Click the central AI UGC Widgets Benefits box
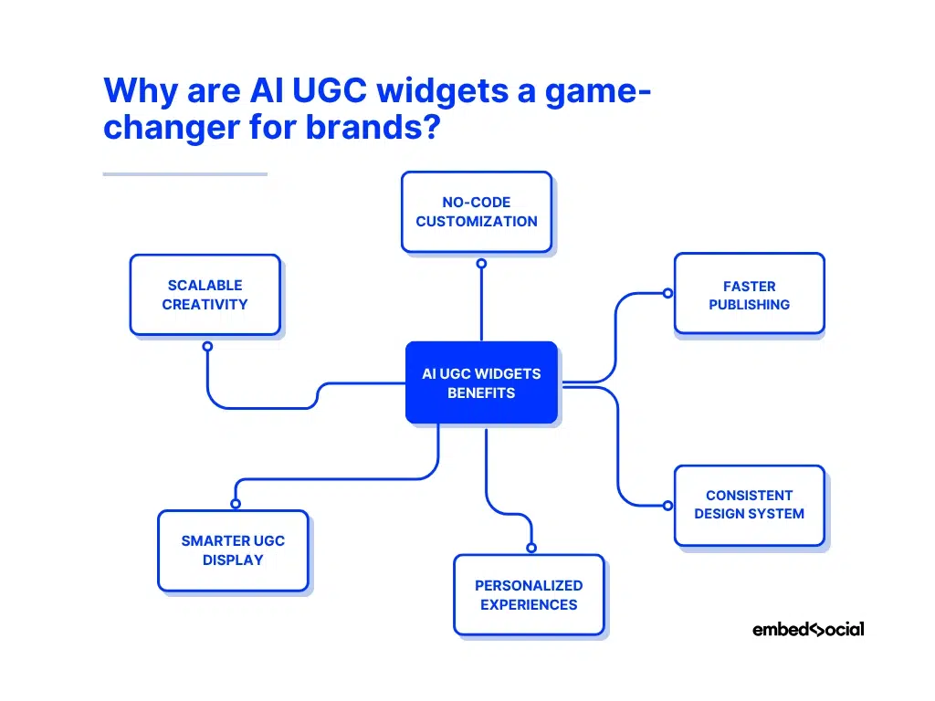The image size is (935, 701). [481, 382]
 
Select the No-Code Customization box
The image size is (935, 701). [477, 212]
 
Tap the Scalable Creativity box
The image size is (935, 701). [205, 295]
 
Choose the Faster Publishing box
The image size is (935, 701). [749, 294]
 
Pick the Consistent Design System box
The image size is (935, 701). [749, 505]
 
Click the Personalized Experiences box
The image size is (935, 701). [529, 594]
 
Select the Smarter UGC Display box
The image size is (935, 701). [233, 550]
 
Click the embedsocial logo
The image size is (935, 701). [808, 629]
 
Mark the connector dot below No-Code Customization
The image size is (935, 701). [481, 264]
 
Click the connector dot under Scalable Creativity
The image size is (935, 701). [207, 347]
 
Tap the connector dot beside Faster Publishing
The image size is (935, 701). [667, 294]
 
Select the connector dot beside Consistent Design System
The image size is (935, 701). [667, 504]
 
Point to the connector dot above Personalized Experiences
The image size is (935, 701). [531, 548]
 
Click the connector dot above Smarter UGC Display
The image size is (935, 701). [236, 504]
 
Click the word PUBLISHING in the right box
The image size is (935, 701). [749, 305]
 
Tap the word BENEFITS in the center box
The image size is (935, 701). [481, 393]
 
